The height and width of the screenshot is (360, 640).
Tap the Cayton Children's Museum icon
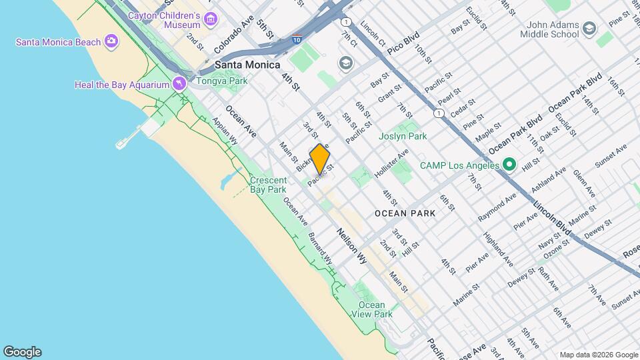coord(211,19)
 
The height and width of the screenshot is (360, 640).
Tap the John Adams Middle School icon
coord(589,28)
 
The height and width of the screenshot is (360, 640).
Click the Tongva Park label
coord(222,81)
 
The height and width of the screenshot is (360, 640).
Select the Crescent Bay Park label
coord(268,185)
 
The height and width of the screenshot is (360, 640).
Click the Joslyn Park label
coord(403,136)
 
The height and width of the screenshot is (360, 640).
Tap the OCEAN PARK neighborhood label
coord(405,213)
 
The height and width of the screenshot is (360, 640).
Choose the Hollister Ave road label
coord(391,163)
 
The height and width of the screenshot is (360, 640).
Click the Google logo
coord(22,352)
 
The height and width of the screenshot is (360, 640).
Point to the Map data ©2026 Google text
coord(599,355)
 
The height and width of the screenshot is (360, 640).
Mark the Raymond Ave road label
coord(497,207)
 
